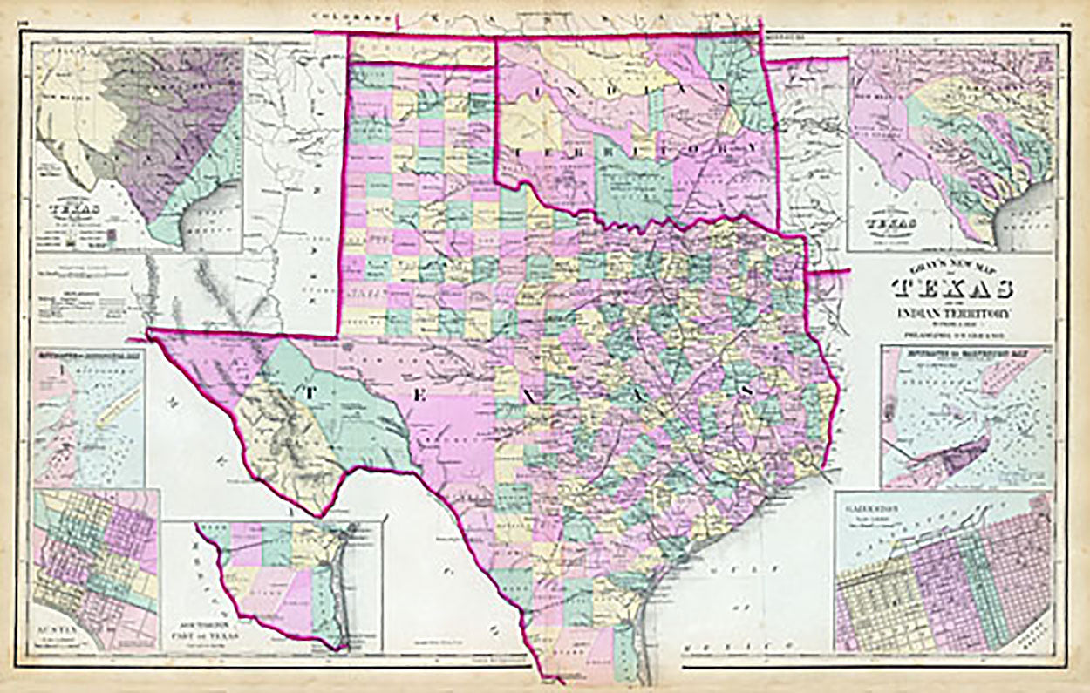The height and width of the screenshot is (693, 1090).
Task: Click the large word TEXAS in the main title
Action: pyautogui.click(x=952, y=289)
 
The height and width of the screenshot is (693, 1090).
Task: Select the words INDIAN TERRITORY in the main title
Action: pyautogui.click(x=952, y=313)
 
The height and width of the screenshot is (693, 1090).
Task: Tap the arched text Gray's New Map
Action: pyautogui.click(x=952, y=268)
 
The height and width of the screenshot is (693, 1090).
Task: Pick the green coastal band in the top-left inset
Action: pyautogui.click(x=196, y=187)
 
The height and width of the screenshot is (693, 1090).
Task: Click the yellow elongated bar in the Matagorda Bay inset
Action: pyautogui.click(x=117, y=410)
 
